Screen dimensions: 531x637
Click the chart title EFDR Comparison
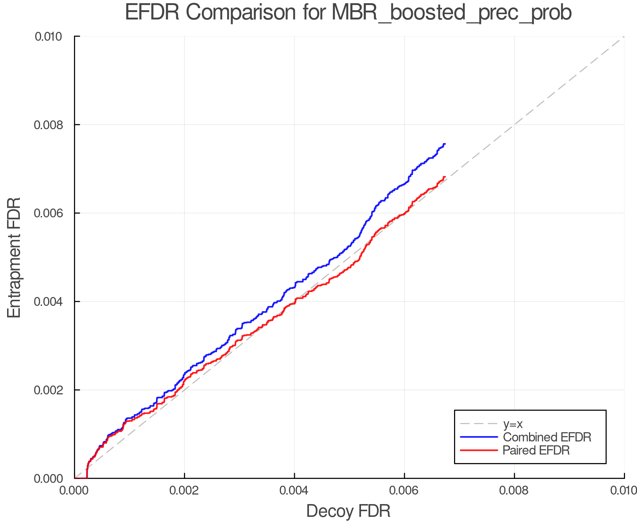coord(348,13)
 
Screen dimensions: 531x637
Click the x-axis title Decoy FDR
coord(348,511)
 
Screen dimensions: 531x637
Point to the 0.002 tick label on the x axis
coord(184,490)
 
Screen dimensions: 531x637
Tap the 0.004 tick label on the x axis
coord(294,490)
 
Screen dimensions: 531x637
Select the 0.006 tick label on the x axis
coord(404,490)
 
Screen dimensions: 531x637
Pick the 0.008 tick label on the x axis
coord(515,490)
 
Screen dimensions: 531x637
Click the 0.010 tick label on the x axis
coord(624,490)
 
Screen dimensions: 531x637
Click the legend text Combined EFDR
coord(547,437)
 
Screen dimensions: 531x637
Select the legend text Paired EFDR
coord(536,450)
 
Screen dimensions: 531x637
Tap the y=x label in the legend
coord(513,424)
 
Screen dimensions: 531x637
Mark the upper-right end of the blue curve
coord(444,144)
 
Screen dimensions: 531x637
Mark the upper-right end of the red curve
coord(444,177)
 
